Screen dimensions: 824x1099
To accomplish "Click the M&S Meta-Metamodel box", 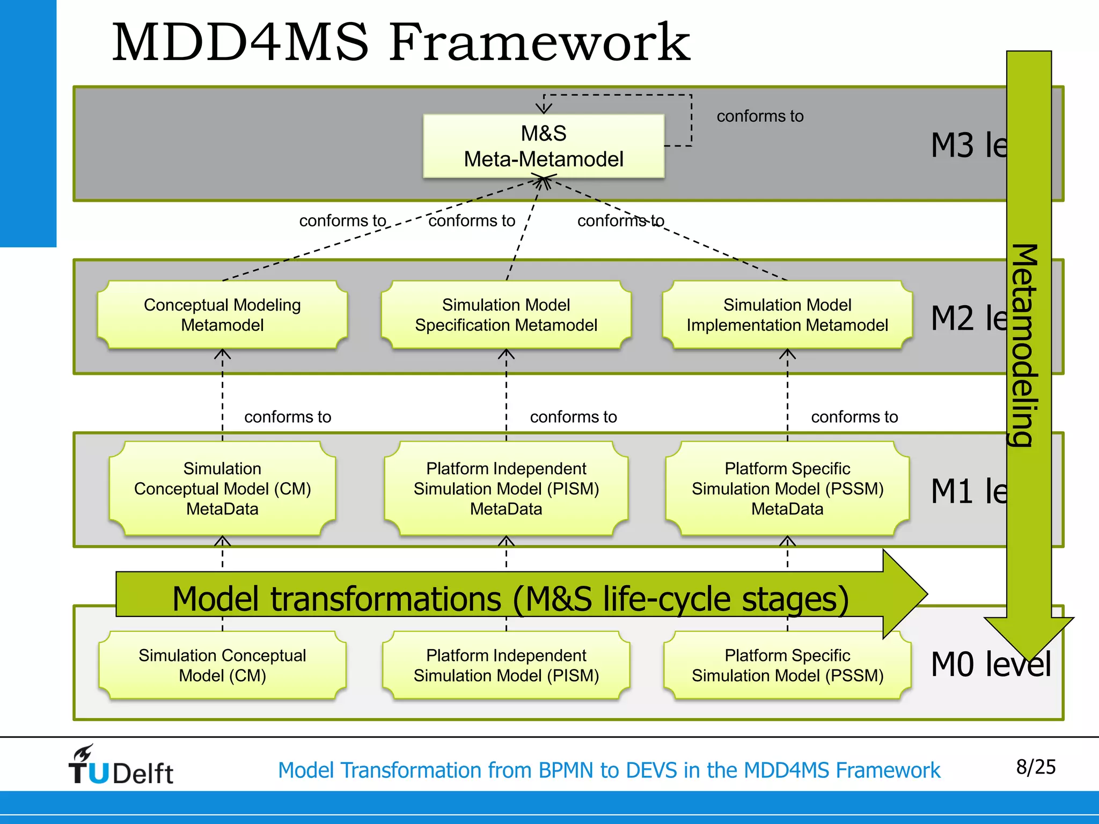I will coord(543,146).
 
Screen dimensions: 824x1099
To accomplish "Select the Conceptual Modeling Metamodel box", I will coord(222,315).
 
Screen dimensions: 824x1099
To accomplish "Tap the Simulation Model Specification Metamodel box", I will coord(505,315).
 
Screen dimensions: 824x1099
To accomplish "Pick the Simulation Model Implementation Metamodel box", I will coord(787,315).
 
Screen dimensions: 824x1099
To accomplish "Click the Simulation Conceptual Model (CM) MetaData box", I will coord(222,488).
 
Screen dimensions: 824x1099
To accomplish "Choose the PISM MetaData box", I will coord(505,488).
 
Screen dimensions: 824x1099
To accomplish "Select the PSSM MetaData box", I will coord(787,488).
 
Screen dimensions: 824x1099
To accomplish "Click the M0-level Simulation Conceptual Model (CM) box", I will coord(222,665).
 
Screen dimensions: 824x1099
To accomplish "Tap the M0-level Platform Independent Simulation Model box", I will coord(505,665).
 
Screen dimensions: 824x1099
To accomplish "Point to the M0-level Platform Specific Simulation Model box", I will coord(787,665).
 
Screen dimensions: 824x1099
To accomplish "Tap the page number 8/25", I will coord(1036,767).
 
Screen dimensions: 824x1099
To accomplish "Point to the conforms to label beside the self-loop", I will coord(760,116).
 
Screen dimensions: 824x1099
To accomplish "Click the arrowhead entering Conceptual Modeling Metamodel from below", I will coord(222,354).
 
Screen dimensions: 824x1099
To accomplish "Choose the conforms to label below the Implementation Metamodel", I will coord(854,417).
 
